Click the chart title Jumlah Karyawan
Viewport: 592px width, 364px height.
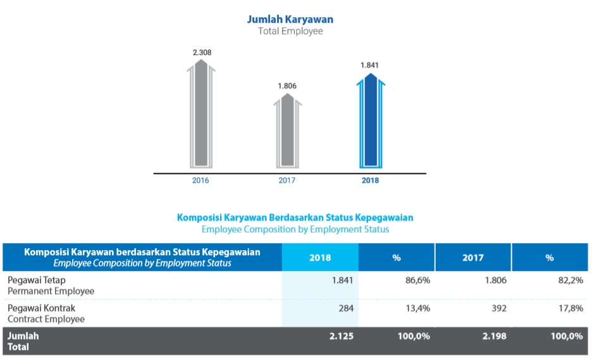(290, 19)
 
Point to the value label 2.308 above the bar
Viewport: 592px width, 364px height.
(202, 52)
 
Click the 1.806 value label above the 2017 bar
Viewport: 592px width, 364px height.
(287, 85)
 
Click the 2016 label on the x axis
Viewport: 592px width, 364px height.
(200, 180)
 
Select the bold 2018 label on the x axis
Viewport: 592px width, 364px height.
(370, 180)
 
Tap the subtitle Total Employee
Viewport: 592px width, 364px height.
(290, 31)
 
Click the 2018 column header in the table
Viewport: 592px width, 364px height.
(320, 258)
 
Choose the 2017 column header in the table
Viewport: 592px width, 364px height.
(473, 258)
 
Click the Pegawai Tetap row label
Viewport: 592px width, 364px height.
(36, 280)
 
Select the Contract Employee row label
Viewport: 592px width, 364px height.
(46, 319)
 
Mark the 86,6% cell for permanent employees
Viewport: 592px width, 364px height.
(417, 280)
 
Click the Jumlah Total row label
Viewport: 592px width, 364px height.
(23, 341)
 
